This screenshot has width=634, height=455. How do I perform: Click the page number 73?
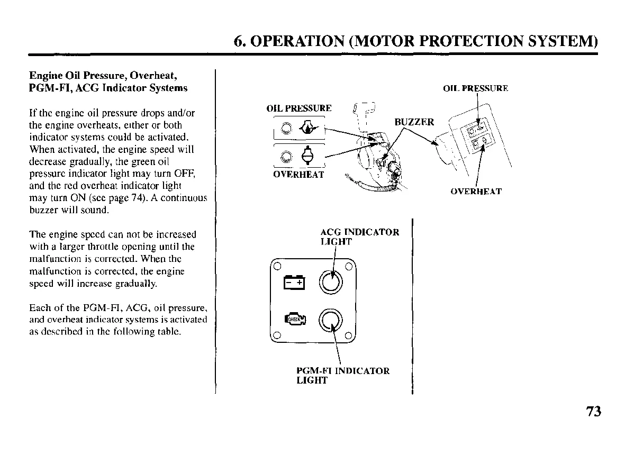594,412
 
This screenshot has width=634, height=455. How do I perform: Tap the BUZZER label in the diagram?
414,122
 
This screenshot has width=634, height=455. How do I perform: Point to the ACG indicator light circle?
331,280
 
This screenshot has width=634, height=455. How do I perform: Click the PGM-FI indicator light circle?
331,319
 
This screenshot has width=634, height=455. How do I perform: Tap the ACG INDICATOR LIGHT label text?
360,236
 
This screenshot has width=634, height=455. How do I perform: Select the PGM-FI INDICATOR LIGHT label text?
342,376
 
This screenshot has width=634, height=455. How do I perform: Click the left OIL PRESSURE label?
299,108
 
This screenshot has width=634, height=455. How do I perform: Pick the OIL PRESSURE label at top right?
475,88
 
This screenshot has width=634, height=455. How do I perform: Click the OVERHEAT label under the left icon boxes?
298,175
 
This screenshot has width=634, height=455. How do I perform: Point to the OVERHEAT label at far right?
476,192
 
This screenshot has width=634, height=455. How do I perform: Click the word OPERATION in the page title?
296,41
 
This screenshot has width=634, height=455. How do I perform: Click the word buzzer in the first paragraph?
41,211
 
